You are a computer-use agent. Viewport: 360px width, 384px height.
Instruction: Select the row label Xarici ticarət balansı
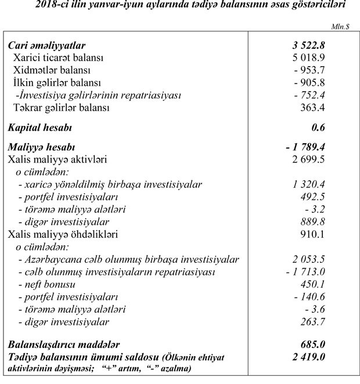point(58,58)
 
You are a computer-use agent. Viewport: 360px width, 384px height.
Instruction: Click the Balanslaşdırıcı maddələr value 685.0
point(326,342)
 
